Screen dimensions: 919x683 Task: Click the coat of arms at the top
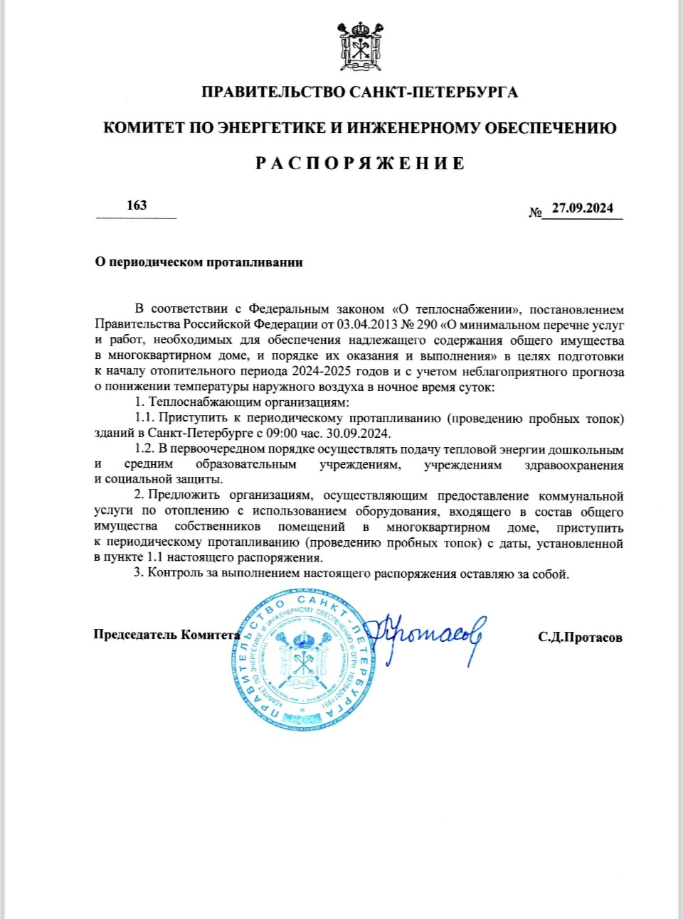click(x=361, y=47)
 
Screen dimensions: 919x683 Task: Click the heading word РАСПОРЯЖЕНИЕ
click(x=360, y=163)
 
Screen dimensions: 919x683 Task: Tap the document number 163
click(x=137, y=205)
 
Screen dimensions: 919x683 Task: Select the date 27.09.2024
click(x=582, y=208)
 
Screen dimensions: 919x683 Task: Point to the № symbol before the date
click(x=536, y=212)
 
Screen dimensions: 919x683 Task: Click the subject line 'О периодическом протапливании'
click(x=199, y=262)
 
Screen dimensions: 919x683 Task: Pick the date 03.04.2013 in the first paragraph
click(x=368, y=325)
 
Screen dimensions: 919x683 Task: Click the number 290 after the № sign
click(x=427, y=325)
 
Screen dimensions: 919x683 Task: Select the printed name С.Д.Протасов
click(x=580, y=637)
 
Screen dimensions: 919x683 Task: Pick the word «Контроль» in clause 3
click(x=176, y=573)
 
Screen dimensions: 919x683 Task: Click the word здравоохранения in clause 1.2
click(x=574, y=465)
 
